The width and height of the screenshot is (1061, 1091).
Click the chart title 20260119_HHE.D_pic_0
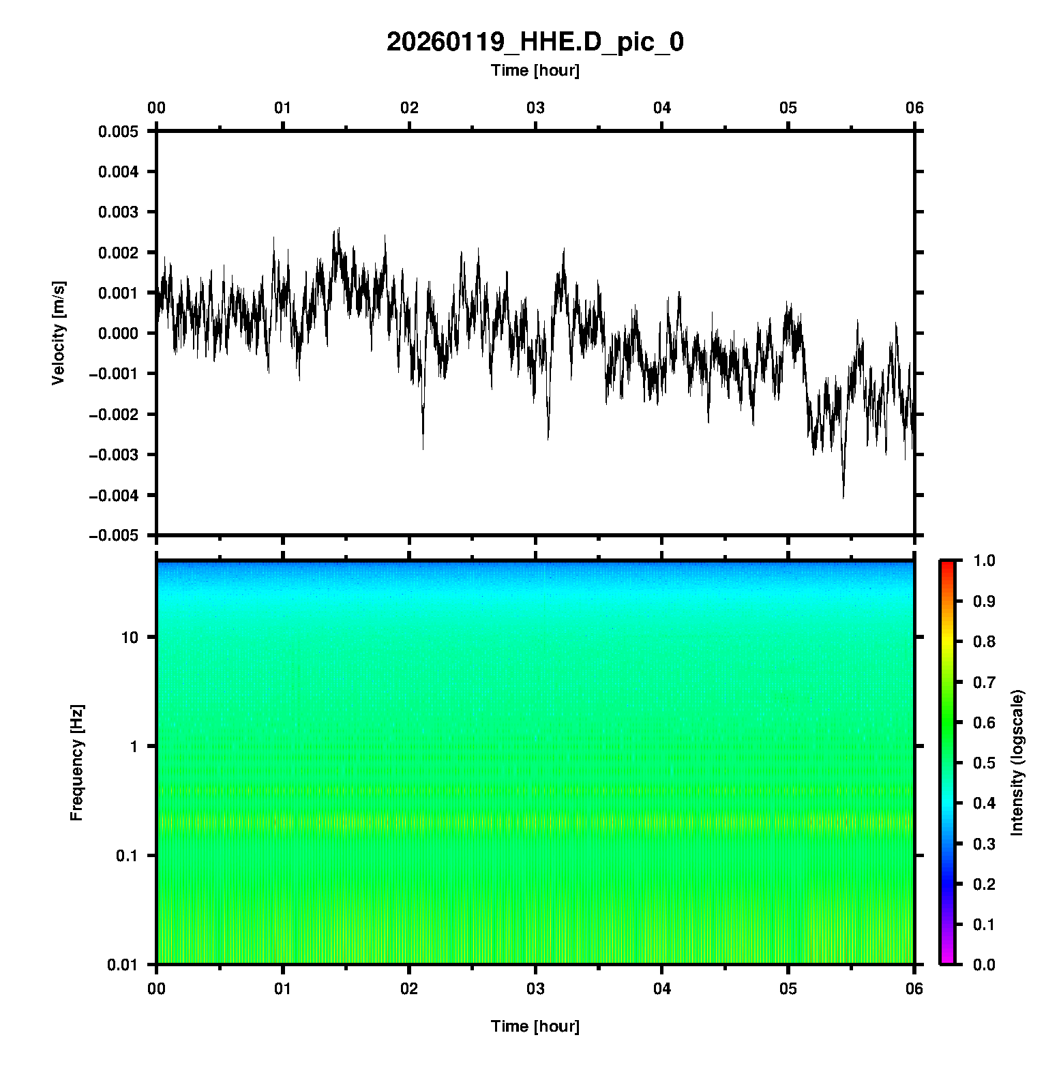535,42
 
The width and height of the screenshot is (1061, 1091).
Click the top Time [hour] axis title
535,70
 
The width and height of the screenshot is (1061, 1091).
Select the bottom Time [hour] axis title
535,1026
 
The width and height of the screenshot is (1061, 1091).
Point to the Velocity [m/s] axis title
59,333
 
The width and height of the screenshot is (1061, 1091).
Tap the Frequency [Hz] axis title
76,762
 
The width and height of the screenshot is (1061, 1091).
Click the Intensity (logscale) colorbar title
1017,762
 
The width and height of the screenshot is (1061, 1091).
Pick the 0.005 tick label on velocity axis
118,132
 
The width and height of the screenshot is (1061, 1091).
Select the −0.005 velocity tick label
113,536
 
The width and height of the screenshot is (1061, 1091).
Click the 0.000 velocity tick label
118,333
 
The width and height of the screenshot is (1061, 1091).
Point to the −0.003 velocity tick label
113,455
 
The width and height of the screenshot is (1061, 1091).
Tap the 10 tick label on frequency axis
130,638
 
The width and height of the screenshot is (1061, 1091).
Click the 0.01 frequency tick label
123,964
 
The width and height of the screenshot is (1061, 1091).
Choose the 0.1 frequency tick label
126,856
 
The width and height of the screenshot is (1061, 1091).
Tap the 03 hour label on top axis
535,108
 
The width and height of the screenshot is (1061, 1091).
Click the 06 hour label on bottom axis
914,989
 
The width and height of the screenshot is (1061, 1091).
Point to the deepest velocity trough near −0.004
843,497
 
